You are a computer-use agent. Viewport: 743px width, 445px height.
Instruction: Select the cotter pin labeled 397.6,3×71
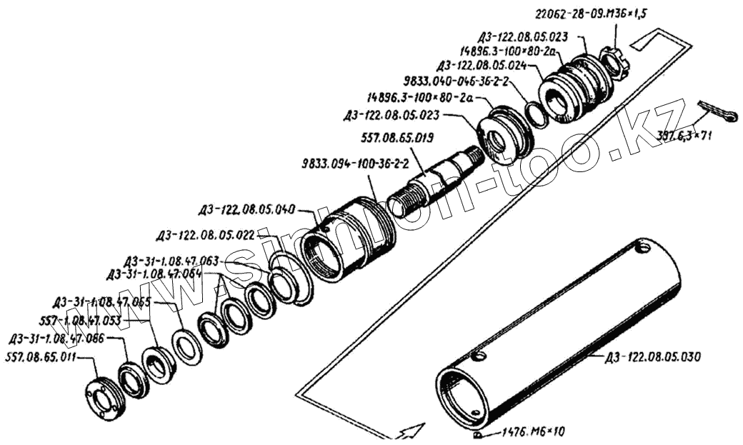(717, 114)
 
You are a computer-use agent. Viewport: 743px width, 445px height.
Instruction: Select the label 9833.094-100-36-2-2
(355, 164)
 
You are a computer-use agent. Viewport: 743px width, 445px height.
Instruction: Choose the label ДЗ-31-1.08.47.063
(171, 261)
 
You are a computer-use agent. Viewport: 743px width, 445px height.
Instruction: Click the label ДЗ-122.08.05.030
(653, 356)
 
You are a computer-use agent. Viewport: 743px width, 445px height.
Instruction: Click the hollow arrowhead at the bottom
(412, 431)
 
